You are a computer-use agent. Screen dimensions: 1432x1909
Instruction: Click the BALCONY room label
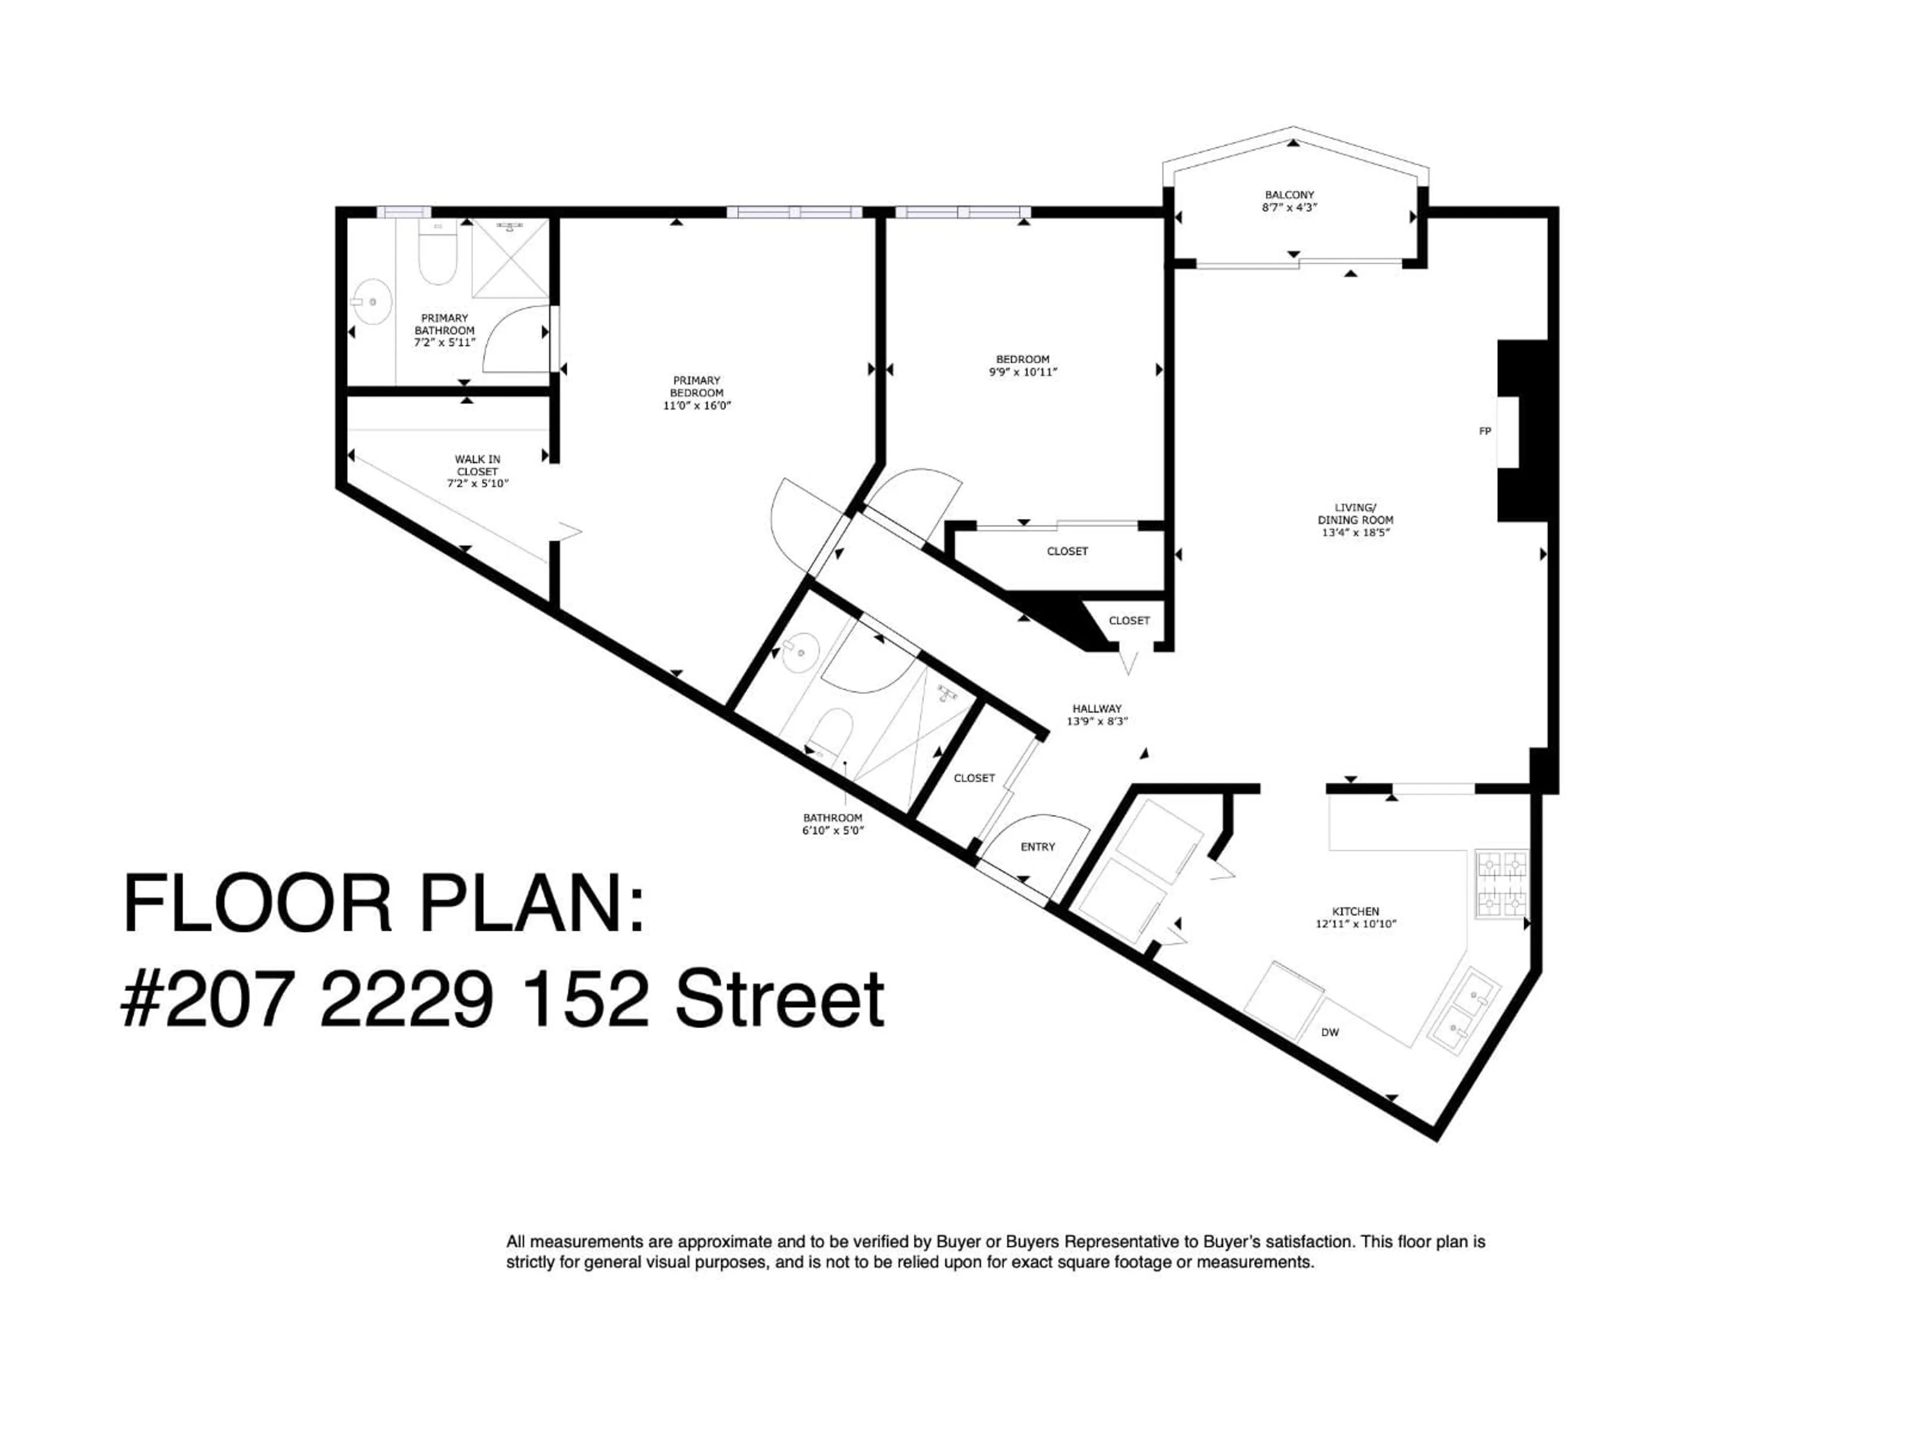1290,195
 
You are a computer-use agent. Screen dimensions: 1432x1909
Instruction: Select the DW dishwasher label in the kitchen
1330,1032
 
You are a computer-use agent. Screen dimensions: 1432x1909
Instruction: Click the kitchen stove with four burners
1502,885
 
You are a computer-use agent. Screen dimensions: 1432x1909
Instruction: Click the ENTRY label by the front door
1038,847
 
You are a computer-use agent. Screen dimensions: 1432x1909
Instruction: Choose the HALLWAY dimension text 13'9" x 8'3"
1097,721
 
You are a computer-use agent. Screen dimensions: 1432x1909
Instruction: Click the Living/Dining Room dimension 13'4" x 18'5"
1356,533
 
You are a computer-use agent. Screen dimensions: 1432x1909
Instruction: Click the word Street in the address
780,999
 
